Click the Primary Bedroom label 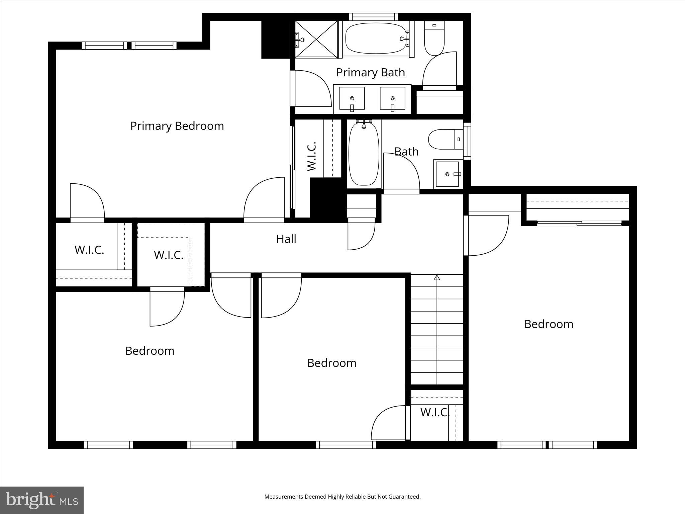tap(177, 126)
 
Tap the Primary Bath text tap(370, 73)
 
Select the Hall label tap(286, 239)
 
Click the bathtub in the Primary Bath tap(375, 38)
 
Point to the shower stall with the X tap(316, 39)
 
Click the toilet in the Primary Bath tap(434, 38)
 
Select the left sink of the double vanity tap(352, 98)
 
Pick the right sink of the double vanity tap(392, 98)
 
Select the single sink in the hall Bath tap(448, 174)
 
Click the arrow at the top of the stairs tap(436, 277)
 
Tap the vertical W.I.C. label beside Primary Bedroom tap(312, 156)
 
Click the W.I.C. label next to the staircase tap(434, 413)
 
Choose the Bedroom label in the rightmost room tap(549, 324)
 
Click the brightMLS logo tap(42, 500)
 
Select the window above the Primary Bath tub tap(373, 17)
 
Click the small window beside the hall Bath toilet tap(467, 141)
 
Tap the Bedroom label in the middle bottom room tap(331, 363)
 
